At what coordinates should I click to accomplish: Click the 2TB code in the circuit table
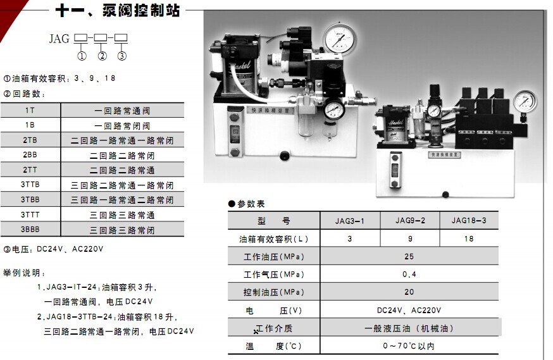click(30, 140)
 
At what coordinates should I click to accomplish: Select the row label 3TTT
click(30, 214)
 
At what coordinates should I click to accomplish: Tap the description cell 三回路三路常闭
click(122, 230)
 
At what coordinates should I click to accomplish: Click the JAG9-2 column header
click(410, 221)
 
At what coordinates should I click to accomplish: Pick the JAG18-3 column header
click(469, 221)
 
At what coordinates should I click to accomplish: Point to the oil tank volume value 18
click(469, 239)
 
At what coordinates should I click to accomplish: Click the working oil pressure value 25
click(409, 256)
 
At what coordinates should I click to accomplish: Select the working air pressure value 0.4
click(409, 274)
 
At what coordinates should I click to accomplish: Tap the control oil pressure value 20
click(409, 292)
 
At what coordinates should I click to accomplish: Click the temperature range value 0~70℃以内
click(409, 346)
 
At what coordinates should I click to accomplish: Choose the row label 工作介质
click(275, 328)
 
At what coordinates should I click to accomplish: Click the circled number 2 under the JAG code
click(103, 55)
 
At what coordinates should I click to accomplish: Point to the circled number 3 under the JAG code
click(121, 55)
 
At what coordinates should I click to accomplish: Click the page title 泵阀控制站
click(142, 11)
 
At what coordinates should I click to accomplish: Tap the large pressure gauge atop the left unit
click(340, 39)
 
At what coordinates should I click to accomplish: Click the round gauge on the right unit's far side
click(525, 101)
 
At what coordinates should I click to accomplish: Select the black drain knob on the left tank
click(285, 156)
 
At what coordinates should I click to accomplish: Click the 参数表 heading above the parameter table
click(251, 204)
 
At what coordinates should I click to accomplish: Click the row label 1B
click(30, 125)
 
